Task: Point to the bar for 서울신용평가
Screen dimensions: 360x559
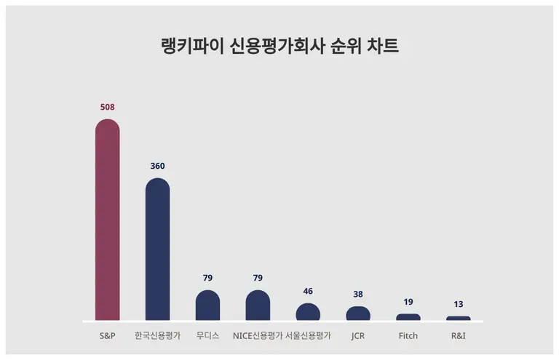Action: (308, 312)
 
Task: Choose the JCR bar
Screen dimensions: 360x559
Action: (358, 313)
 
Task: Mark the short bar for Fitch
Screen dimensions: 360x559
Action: (408, 317)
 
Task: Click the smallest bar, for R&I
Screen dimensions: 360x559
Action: (459, 319)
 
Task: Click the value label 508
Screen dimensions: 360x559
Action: (108, 107)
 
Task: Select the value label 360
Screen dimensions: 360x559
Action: (157, 166)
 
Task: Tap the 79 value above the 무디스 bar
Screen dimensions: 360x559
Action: (207, 278)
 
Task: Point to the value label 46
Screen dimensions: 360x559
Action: (308, 291)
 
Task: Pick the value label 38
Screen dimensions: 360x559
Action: (358, 295)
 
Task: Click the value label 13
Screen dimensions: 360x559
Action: (459, 304)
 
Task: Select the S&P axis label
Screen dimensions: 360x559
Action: (108, 336)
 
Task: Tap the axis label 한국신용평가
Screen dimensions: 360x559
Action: (157, 336)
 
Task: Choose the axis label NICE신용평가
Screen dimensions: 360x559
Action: (258, 336)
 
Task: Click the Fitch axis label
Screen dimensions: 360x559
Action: (408, 336)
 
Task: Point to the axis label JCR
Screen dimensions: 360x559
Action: (358, 336)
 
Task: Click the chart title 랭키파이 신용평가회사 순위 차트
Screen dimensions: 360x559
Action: (279, 47)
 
